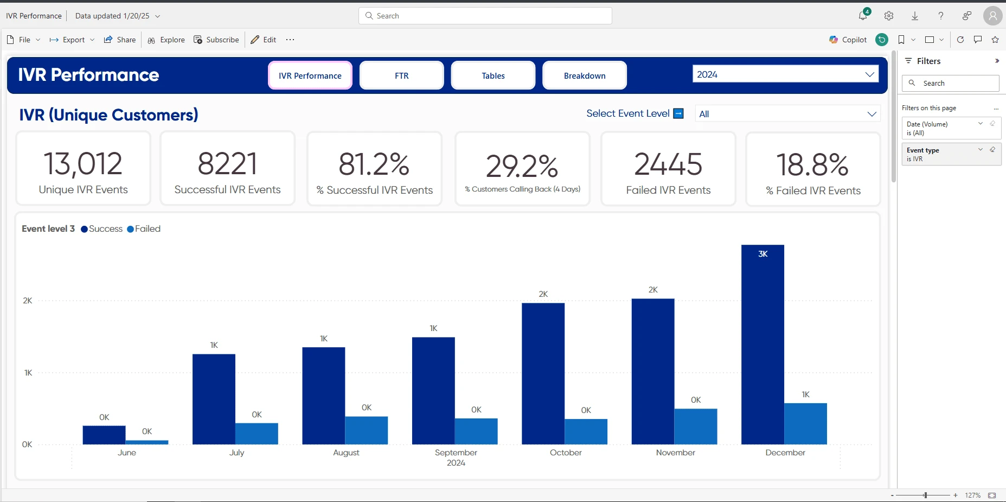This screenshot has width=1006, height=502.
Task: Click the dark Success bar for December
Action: tap(762, 347)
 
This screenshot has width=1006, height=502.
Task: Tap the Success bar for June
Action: tap(104, 435)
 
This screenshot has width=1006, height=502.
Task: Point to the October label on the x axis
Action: tap(566, 453)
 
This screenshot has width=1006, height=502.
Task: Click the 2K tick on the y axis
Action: tap(28, 301)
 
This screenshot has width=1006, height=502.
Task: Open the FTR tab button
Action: tap(401, 75)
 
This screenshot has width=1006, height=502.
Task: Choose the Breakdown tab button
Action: tap(585, 75)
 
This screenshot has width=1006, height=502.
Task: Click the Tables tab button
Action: tap(493, 75)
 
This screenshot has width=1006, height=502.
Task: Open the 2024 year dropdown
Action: tap(785, 74)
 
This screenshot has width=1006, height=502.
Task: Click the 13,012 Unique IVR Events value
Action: tap(83, 164)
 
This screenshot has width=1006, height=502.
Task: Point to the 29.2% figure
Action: tap(522, 166)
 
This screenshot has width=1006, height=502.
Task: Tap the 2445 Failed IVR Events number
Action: tap(668, 164)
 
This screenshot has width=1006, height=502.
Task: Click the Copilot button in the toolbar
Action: tap(848, 40)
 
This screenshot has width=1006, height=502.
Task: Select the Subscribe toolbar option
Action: tap(216, 40)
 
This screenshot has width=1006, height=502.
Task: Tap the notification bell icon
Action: tap(863, 16)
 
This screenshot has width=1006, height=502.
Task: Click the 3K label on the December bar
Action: tap(762, 254)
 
